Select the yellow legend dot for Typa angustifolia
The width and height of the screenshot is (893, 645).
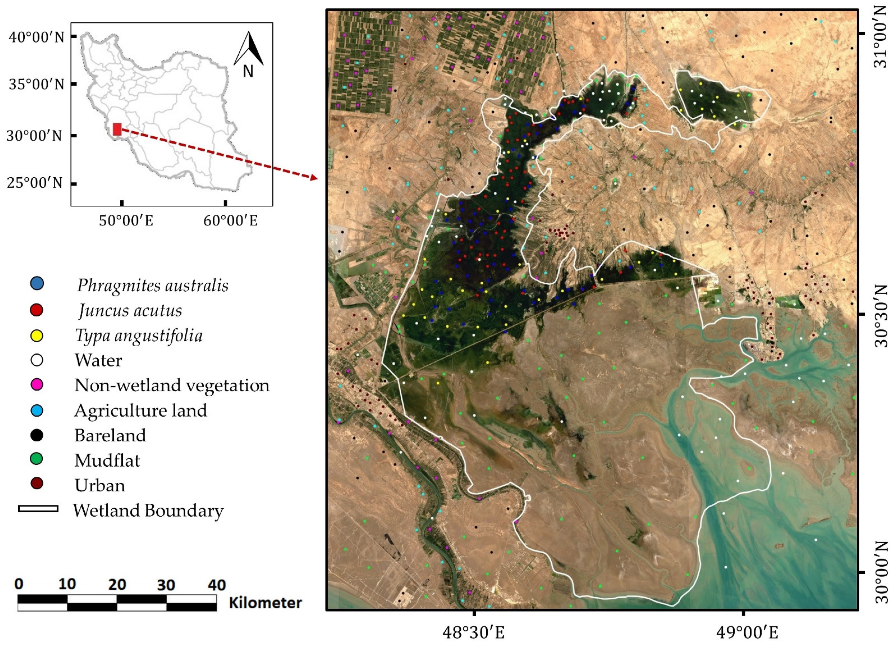pos(37,336)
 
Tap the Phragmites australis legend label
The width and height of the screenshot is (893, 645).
pos(152,285)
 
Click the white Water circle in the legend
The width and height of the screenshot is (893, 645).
pos(37,360)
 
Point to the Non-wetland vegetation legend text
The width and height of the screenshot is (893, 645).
pos(172,385)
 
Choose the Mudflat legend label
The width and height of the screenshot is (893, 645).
pos(107,460)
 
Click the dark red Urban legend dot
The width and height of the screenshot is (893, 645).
pos(37,484)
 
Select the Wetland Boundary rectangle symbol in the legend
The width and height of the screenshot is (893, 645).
pos(38,509)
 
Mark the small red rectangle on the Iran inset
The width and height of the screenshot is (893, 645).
pos(117,129)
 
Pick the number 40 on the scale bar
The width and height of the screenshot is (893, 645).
pos(216,584)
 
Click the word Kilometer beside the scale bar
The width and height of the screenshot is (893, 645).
pos(265,603)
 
